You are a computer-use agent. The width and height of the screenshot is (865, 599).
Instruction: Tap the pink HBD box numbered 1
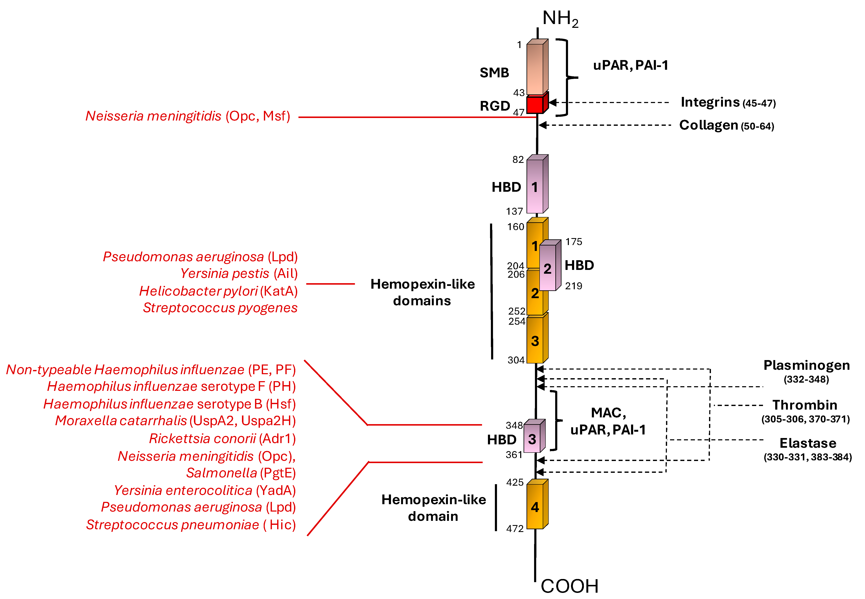(535, 186)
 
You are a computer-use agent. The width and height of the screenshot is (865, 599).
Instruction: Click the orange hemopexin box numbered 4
(535, 507)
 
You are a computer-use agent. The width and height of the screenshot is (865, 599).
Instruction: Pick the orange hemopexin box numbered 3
(535, 340)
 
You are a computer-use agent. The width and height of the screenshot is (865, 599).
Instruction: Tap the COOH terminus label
(569, 586)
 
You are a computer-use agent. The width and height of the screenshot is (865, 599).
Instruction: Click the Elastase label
(807, 443)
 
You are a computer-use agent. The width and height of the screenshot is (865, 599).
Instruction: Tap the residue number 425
(515, 482)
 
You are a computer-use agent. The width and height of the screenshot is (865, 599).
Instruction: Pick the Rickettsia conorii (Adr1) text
(222, 438)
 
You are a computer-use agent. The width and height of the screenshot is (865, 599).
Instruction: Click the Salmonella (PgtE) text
(241, 473)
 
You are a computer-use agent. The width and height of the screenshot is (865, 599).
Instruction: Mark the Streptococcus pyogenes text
(220, 308)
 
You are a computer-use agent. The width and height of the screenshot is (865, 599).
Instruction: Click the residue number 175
(574, 242)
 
